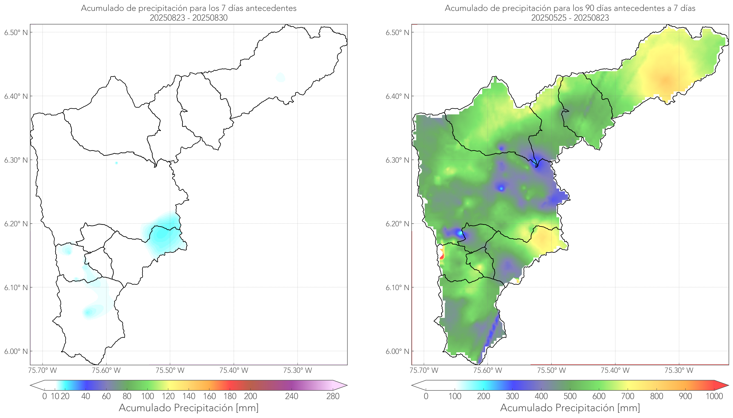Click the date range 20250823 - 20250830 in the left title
click(189, 18)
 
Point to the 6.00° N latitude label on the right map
click(397, 351)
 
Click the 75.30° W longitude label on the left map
click(297, 370)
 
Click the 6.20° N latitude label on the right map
click(397, 224)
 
